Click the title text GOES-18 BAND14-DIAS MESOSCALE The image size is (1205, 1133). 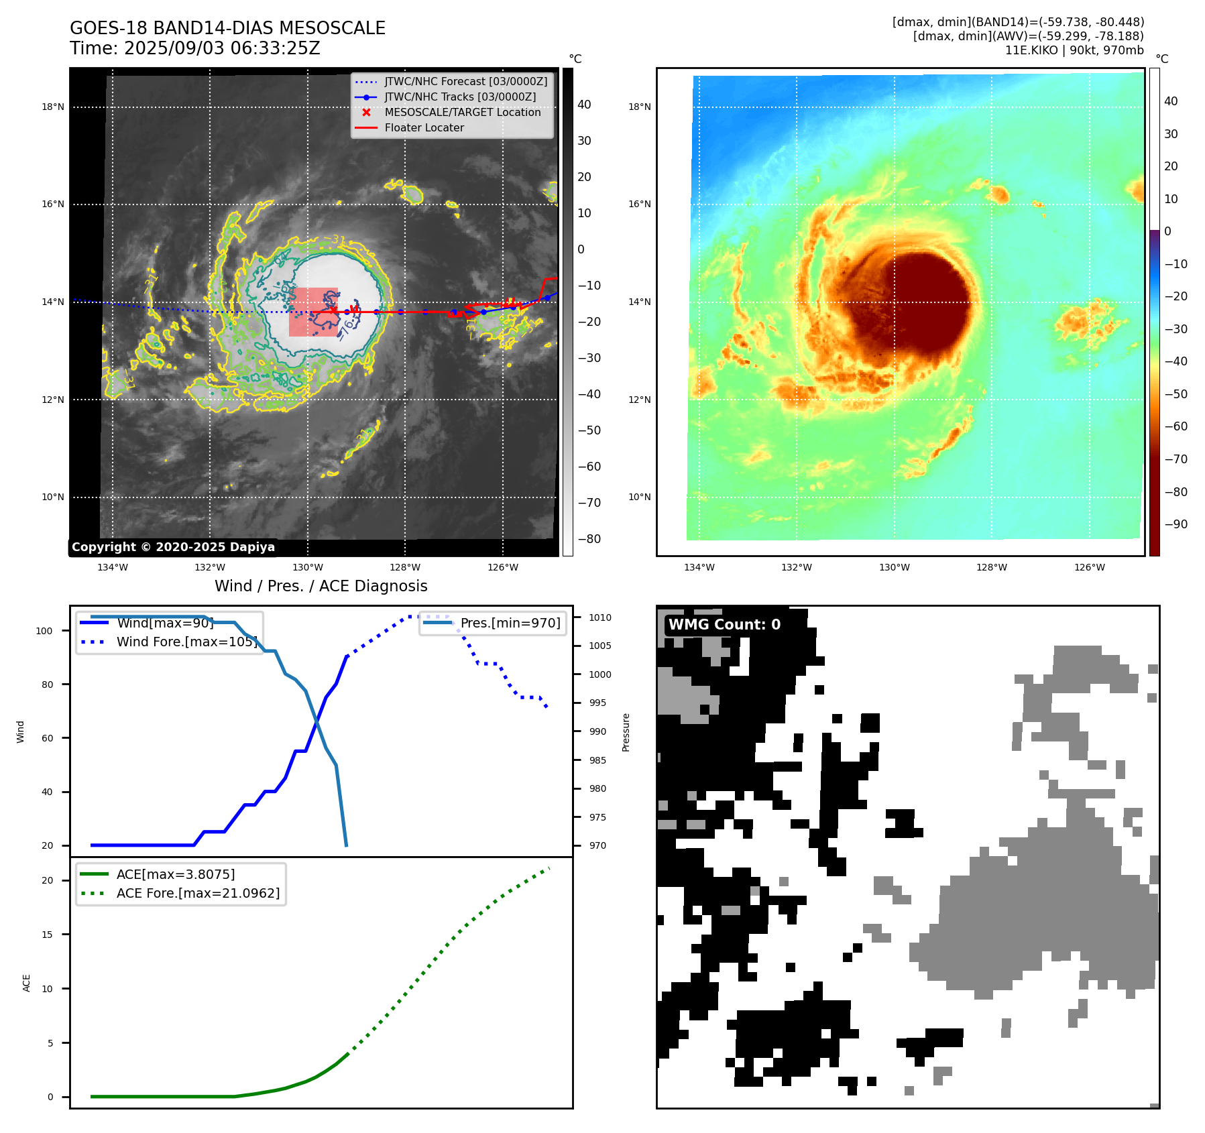pyautogui.click(x=227, y=28)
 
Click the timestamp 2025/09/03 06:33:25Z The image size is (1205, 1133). pyautogui.click(x=222, y=48)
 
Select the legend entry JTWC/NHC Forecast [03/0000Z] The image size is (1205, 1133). pyautogui.click(x=465, y=81)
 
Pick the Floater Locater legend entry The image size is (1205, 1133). pyautogui.click(x=424, y=127)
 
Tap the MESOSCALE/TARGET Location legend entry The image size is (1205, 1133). pyautogui.click(x=462, y=112)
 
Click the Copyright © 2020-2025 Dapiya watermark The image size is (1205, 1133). pyautogui.click(x=173, y=547)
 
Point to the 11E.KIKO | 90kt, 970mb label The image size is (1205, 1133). pyautogui.click(x=1074, y=50)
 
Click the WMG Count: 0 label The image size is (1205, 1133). pyautogui.click(x=724, y=624)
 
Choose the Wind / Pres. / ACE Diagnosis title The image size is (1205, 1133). pyautogui.click(x=321, y=586)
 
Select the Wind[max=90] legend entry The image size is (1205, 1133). pyautogui.click(x=165, y=623)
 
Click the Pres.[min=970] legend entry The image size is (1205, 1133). pyautogui.click(x=510, y=623)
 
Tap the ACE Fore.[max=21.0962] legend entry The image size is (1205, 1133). pyautogui.click(x=198, y=893)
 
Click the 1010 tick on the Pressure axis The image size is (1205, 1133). pyautogui.click(x=600, y=617)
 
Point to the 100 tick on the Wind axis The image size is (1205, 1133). pyautogui.click(x=44, y=631)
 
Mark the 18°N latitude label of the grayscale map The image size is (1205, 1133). pyautogui.click(x=53, y=107)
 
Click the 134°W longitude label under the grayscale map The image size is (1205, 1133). pyautogui.click(x=113, y=567)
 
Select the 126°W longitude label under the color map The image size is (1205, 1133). pyautogui.click(x=1090, y=567)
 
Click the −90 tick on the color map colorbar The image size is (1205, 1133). pyautogui.click(x=1175, y=524)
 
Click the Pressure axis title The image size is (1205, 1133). pyautogui.click(x=626, y=732)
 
